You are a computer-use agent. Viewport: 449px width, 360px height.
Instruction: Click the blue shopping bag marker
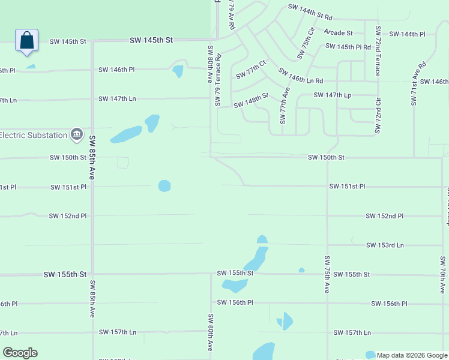(x=26, y=41)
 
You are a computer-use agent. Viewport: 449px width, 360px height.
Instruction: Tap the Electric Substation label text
(x=34, y=135)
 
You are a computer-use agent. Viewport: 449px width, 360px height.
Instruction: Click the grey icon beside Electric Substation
(x=77, y=134)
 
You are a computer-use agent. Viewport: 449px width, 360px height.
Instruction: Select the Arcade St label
(x=339, y=32)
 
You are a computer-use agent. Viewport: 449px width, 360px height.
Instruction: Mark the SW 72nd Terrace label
(x=378, y=51)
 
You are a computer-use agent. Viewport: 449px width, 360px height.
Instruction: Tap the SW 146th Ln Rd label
(x=301, y=76)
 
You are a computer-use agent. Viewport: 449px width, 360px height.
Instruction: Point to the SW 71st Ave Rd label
(x=418, y=84)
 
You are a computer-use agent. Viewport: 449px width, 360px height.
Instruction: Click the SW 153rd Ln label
(x=385, y=245)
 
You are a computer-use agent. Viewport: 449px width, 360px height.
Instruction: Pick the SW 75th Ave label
(x=327, y=274)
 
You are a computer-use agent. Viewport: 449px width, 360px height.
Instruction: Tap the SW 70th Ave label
(x=442, y=274)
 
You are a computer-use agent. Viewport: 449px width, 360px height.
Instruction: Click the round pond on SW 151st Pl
(x=164, y=186)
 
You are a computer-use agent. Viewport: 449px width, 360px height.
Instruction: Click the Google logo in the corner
(x=20, y=353)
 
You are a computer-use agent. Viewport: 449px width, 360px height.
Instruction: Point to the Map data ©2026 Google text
(x=412, y=355)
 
